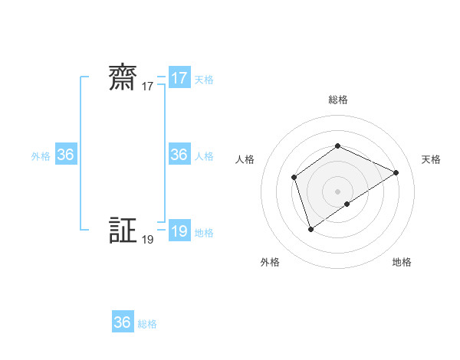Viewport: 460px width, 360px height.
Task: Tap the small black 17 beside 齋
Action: click(148, 87)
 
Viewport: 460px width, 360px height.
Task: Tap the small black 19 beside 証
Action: click(148, 240)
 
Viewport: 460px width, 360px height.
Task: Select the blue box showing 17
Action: click(179, 78)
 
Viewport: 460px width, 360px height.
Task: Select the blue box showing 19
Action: click(179, 231)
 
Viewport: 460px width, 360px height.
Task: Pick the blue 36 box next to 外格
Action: click(66, 155)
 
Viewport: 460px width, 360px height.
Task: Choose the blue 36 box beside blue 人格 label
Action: click(179, 155)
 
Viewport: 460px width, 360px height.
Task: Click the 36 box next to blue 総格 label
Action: click(123, 322)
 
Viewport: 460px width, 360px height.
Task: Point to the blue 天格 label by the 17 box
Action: click(204, 79)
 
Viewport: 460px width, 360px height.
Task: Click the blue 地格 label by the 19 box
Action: click(204, 233)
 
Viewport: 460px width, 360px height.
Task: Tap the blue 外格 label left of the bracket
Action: click(41, 155)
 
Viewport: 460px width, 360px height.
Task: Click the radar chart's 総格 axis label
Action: click(337, 100)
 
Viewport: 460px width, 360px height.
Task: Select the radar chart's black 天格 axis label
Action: click(431, 159)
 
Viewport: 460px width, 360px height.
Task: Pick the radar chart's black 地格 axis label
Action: click(402, 262)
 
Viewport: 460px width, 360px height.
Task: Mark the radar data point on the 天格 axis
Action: click(396, 172)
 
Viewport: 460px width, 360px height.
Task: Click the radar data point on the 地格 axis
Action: click(347, 204)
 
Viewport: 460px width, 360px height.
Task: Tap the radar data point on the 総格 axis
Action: click(337, 146)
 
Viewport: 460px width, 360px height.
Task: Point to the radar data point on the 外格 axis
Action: click(310, 228)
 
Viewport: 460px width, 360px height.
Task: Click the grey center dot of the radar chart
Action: click(337, 191)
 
